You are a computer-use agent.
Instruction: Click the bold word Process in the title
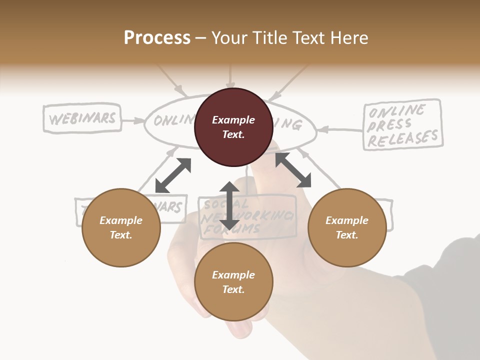(157, 38)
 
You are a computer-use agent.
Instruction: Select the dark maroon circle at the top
(233, 127)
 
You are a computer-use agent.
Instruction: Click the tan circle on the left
(121, 227)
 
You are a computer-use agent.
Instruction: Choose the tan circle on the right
(347, 227)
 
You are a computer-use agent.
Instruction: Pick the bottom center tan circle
(233, 282)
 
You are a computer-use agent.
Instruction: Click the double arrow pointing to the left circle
(173, 175)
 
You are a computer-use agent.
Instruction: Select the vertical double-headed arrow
(229, 206)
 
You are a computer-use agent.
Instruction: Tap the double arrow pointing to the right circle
(293, 170)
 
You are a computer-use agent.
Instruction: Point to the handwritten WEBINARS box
(82, 118)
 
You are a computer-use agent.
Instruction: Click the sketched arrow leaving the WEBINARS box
(133, 120)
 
